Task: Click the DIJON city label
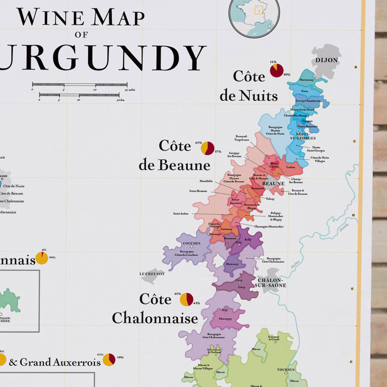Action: click(x=327, y=60)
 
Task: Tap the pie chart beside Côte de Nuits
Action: click(x=277, y=70)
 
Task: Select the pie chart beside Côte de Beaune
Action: click(x=208, y=148)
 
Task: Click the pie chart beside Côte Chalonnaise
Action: click(x=187, y=299)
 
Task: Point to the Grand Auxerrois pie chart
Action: click(x=109, y=360)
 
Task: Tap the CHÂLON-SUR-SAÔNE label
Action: click(x=270, y=283)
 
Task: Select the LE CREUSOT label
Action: click(x=152, y=274)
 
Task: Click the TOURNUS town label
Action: click(x=286, y=370)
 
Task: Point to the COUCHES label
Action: click(x=192, y=243)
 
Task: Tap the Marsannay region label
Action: click(x=307, y=80)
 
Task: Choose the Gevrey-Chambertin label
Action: click(x=308, y=101)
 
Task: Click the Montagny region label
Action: click(x=225, y=319)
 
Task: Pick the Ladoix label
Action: click(x=291, y=167)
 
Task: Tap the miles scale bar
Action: click(x=80, y=84)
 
